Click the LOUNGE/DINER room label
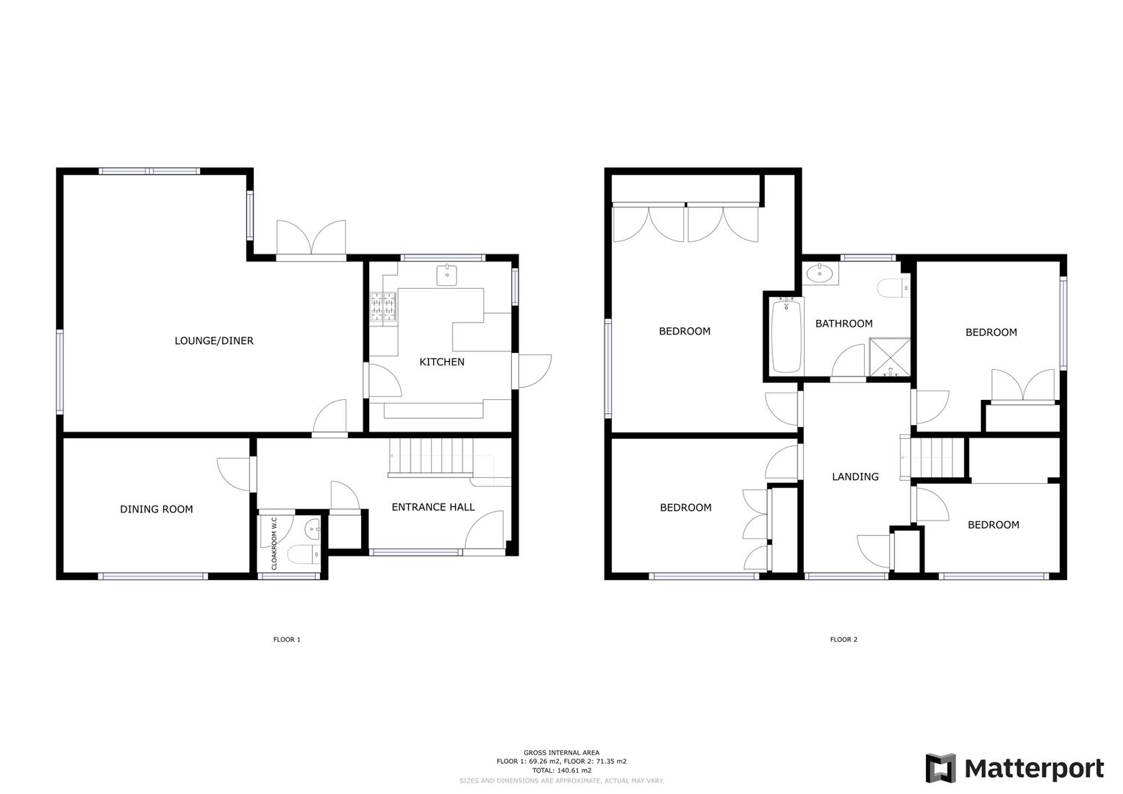(x=214, y=341)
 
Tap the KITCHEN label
(x=441, y=362)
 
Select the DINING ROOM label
(x=157, y=509)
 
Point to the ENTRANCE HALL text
(x=433, y=507)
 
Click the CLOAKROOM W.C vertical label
(x=274, y=544)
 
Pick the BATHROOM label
(x=844, y=323)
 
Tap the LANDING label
(x=855, y=477)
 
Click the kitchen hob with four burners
(x=384, y=307)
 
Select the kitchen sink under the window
(x=446, y=275)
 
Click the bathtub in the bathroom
(x=786, y=336)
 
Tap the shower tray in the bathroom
(x=890, y=358)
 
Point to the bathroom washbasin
(x=819, y=274)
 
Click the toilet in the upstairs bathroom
(x=893, y=288)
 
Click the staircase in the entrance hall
(x=430, y=457)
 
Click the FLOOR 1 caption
(x=287, y=640)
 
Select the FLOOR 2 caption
(x=844, y=640)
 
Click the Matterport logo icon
(x=940, y=768)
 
